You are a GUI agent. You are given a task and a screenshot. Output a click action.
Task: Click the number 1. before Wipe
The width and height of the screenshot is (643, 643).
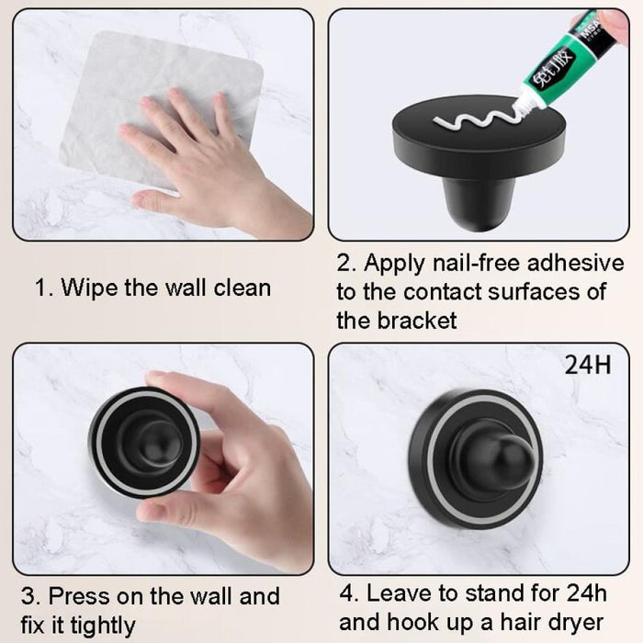43,288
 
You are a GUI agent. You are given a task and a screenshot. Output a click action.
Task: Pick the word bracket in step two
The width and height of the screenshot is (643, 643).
413,321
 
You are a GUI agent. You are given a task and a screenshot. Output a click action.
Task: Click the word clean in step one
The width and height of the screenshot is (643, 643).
241,288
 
